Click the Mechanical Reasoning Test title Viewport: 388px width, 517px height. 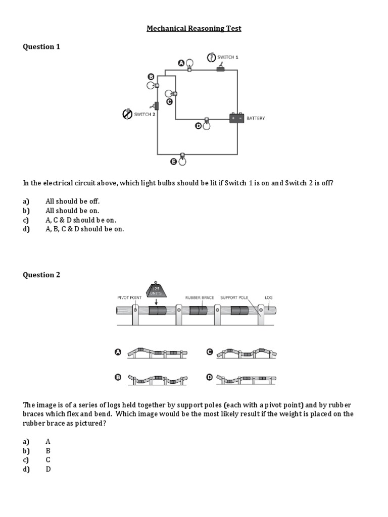coord(194,29)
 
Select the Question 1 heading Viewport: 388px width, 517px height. coord(41,47)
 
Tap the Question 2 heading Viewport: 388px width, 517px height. coord(41,275)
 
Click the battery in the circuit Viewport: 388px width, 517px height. coord(236,118)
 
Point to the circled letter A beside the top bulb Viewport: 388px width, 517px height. coord(181,63)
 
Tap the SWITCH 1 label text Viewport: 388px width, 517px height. coord(228,57)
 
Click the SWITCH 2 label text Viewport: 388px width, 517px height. coord(144,115)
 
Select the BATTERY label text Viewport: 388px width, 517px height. coord(256,118)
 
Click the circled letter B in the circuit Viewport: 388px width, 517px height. coord(150,76)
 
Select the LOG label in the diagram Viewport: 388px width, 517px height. coord(269,298)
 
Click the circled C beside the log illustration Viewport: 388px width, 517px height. coord(209,352)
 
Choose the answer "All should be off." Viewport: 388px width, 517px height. coord(73,201)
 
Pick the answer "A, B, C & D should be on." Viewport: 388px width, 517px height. coord(84,229)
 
